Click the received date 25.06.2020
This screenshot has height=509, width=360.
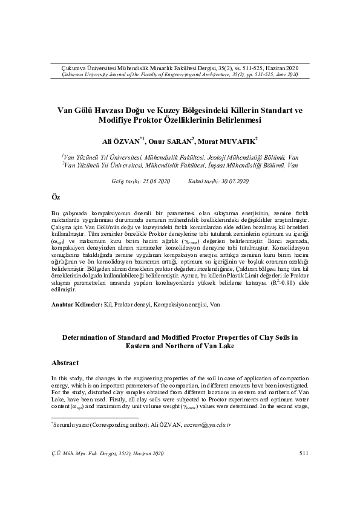[155, 181]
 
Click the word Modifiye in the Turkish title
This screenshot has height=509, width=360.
[120, 120]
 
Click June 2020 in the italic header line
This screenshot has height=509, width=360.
[287, 74]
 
